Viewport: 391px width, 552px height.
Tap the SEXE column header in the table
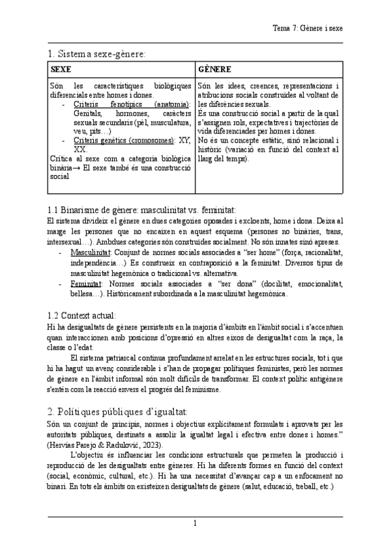tap(61, 69)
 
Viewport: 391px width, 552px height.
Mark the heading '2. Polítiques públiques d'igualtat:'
tap(118, 412)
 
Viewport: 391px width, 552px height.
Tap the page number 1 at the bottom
tap(195, 523)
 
